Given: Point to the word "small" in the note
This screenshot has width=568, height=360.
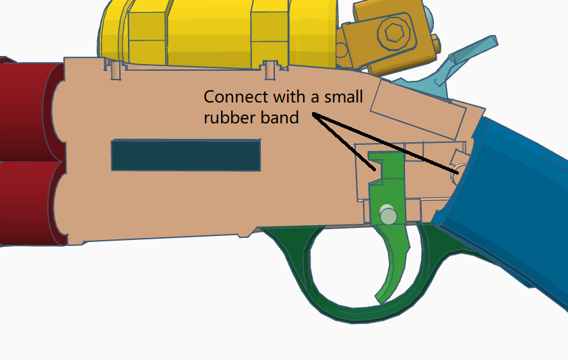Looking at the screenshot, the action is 343,97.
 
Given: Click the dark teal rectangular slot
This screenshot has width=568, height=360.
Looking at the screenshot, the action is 186,155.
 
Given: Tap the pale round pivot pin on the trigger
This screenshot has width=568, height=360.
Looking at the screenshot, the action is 388,214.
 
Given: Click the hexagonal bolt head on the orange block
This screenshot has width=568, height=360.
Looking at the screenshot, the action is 393,33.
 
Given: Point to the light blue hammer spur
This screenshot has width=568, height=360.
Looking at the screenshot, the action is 470,54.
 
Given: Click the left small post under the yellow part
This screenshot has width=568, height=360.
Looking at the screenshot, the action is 116,71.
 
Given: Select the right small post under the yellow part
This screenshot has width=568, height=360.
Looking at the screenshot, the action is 271,71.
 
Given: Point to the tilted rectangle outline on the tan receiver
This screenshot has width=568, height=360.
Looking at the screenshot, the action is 418,110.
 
